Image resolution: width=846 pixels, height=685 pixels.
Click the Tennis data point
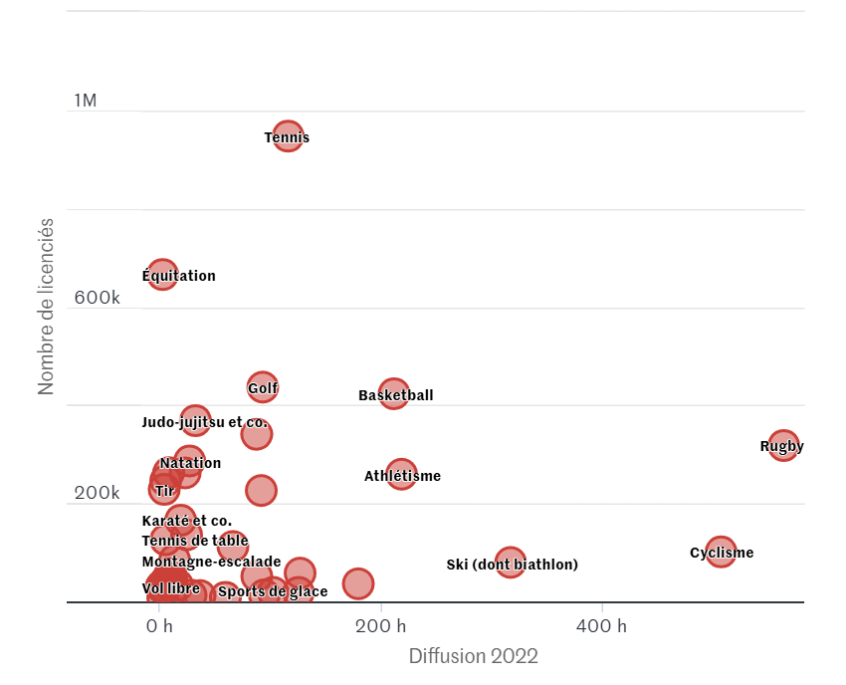click(x=288, y=136)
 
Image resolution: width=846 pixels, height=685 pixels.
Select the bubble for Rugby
click(x=783, y=446)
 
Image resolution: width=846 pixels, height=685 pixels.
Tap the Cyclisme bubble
click(x=720, y=553)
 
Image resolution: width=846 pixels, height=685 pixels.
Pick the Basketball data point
click(x=394, y=394)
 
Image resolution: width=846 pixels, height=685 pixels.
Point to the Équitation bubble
click(x=162, y=275)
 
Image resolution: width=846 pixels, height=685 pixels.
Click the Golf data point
click(x=262, y=387)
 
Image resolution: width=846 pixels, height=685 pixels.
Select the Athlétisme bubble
click(x=400, y=475)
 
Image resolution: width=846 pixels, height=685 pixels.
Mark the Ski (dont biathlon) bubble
click(x=510, y=563)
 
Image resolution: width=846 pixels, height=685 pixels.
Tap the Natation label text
click(x=190, y=463)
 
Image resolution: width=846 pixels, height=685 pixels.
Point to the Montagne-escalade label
click(x=211, y=562)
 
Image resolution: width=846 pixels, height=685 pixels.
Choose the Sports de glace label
click(x=273, y=591)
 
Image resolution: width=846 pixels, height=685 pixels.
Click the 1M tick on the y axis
click(x=86, y=101)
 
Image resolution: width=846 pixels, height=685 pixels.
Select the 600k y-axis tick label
click(x=97, y=298)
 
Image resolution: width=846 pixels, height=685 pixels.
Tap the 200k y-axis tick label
click(x=97, y=494)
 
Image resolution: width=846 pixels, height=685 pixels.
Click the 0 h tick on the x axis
click(x=159, y=626)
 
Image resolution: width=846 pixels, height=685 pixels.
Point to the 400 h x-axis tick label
click(x=603, y=626)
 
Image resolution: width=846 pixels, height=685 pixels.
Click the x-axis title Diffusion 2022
click(x=473, y=656)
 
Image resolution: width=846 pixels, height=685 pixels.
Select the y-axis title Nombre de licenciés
click(x=46, y=306)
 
